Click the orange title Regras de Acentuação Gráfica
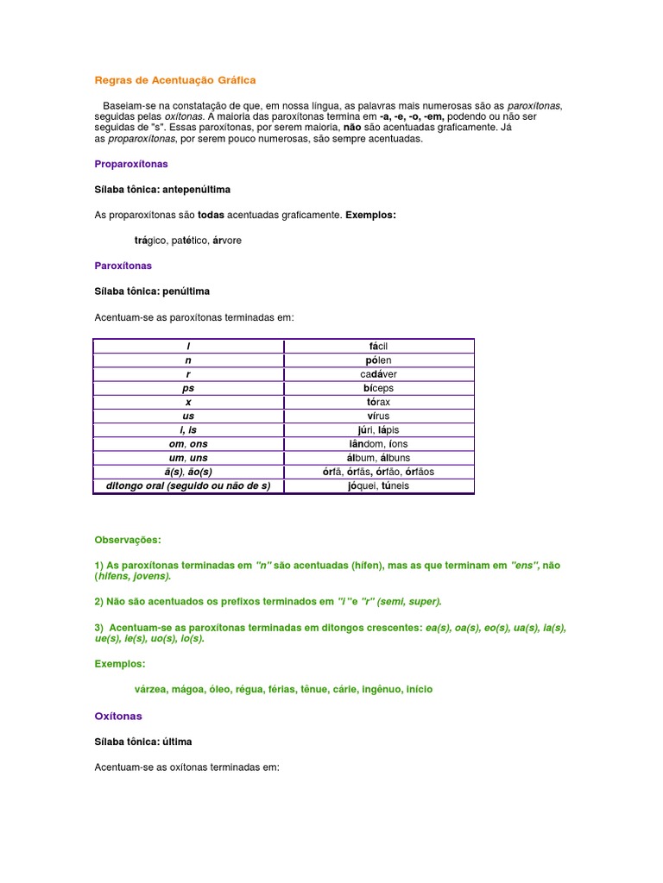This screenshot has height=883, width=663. [174, 80]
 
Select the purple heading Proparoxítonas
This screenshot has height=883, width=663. [131, 163]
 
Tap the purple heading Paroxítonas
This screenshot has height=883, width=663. [123, 266]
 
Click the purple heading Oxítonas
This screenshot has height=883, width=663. [118, 717]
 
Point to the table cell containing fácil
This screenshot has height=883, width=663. [378, 347]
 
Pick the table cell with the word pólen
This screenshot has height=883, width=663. [378, 360]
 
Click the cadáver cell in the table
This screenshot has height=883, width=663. [378, 374]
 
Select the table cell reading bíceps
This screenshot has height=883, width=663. [378, 388]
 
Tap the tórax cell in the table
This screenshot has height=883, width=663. [378, 403]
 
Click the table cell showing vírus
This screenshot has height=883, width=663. [378, 416]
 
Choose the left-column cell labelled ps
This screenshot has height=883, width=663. [188, 388]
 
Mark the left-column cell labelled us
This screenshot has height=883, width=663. [188, 416]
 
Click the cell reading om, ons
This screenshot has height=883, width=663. [188, 444]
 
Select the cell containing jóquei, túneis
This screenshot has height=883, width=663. [378, 486]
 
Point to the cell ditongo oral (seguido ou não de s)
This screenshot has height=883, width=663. [188, 486]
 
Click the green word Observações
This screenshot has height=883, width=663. [128, 540]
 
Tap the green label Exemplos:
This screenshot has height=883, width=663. [120, 664]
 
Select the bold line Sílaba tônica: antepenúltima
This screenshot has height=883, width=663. [162, 189]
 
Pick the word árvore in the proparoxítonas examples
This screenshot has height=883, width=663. [227, 241]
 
